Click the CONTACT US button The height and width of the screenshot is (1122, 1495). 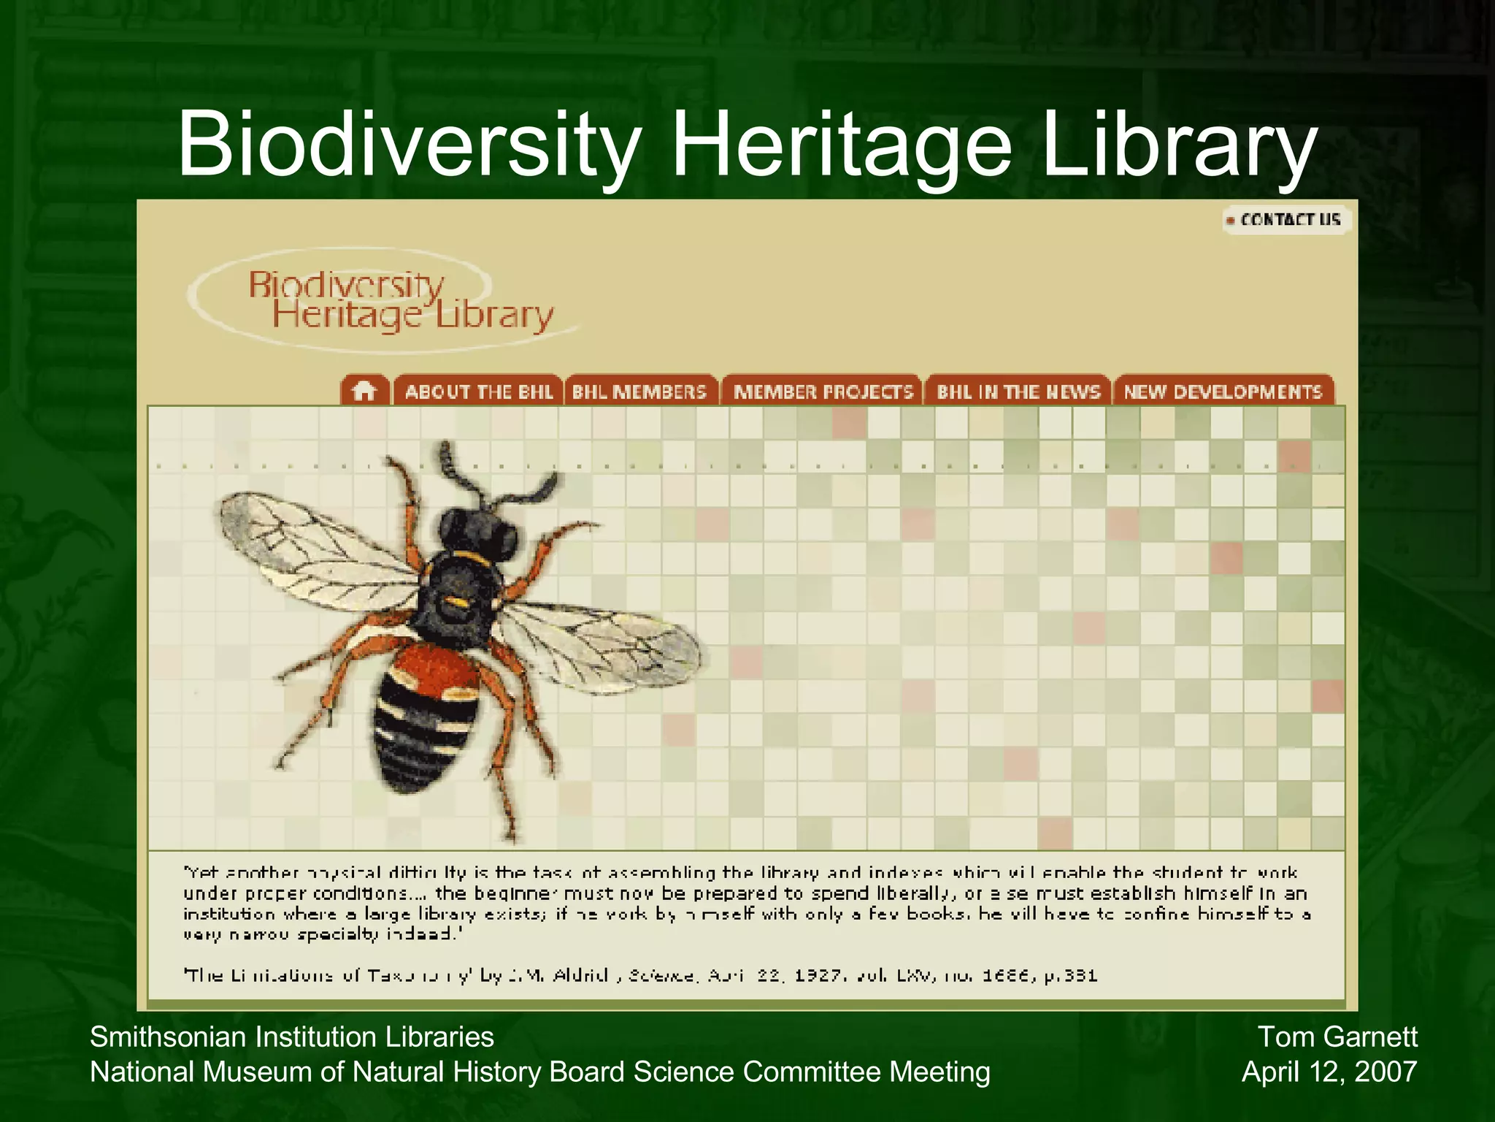click(1288, 220)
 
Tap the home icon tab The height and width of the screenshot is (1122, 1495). click(364, 392)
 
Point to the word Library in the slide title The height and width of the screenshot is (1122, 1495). click(1180, 144)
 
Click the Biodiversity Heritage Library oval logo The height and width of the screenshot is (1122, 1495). click(380, 301)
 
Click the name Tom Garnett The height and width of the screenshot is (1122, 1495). click(1337, 1037)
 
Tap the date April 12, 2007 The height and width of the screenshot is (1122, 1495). click(1329, 1072)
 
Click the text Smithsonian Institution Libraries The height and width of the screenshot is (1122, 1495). click(291, 1037)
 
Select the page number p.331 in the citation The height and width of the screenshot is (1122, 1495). click(1071, 975)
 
